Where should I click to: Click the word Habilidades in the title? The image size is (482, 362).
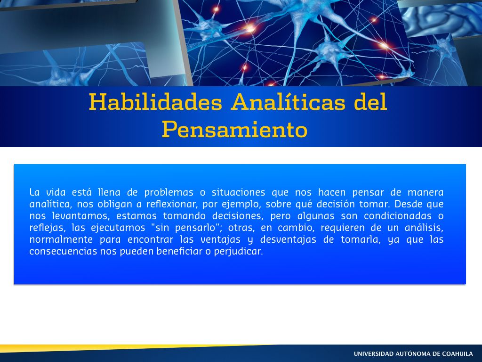(x=155, y=102)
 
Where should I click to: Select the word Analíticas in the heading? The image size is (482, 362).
(x=289, y=102)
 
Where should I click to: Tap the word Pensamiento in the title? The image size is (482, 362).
(x=234, y=130)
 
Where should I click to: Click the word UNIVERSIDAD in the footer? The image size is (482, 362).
(x=373, y=354)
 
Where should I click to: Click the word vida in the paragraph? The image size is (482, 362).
(x=56, y=192)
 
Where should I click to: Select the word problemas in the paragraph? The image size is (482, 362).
(x=169, y=192)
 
